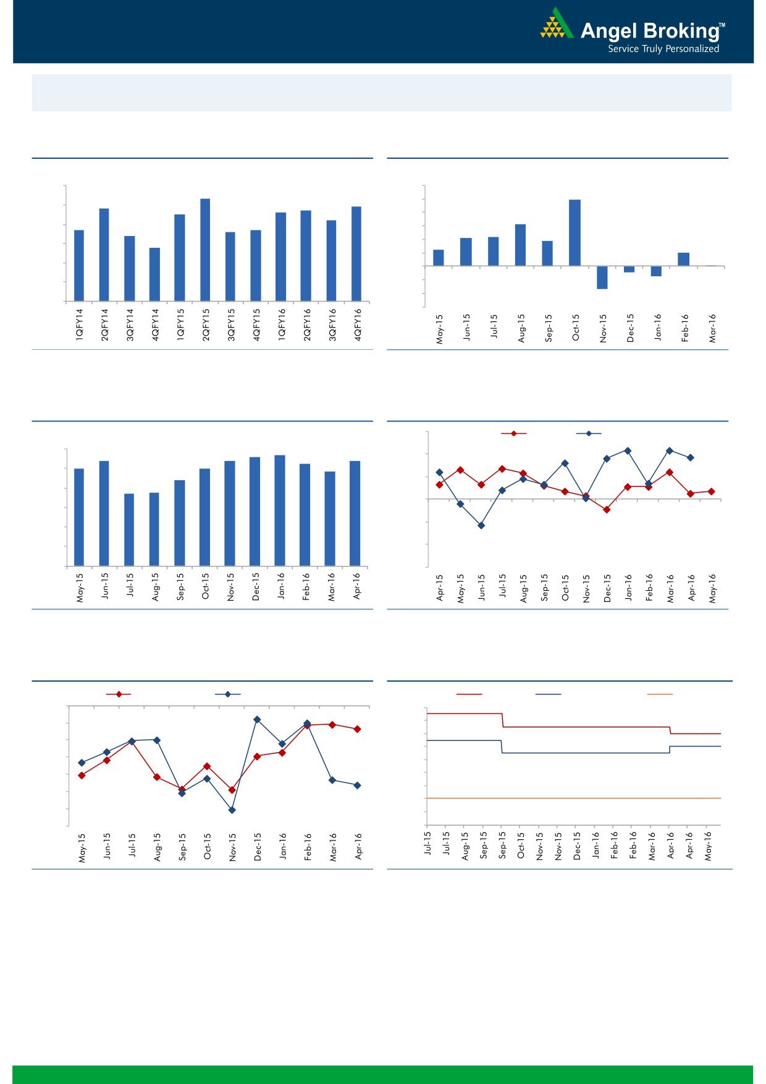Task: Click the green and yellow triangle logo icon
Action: click(556, 24)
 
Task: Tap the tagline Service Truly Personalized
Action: click(663, 49)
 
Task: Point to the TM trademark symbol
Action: click(722, 25)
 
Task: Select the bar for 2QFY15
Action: click(205, 250)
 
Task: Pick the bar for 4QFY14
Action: click(154, 274)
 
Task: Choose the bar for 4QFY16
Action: click(356, 253)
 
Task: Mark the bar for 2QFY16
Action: click(306, 256)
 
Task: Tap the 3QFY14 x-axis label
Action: click(130, 325)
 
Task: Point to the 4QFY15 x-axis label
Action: click(256, 325)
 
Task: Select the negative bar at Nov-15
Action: click(602, 277)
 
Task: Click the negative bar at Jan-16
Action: click(656, 271)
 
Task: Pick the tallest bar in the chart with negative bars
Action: click(574, 232)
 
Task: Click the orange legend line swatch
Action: click(659, 695)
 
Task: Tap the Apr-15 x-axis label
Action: click(440, 588)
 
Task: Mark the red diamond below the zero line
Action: click(607, 510)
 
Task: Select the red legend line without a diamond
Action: click(469, 695)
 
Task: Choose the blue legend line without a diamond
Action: click(548, 695)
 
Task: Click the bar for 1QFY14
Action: click(79, 266)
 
